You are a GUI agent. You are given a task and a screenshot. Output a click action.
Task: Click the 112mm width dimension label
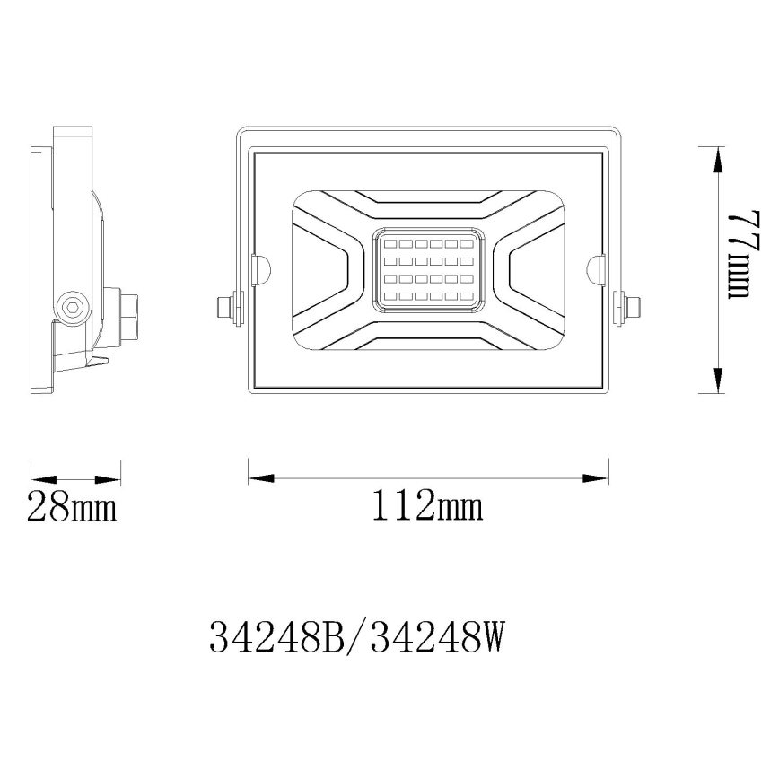[427, 508]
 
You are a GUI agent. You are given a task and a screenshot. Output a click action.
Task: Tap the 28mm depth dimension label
[72, 508]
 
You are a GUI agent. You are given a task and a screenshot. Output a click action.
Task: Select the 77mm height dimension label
[743, 255]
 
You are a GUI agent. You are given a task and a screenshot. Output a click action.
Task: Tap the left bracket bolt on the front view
[224, 305]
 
